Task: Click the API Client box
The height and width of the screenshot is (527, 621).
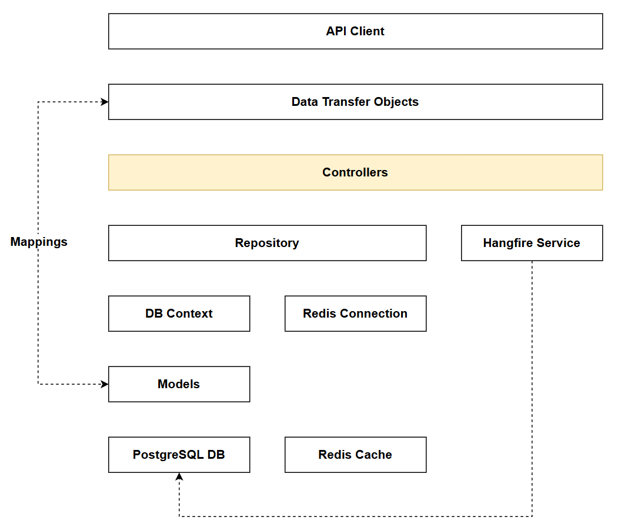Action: point(355,31)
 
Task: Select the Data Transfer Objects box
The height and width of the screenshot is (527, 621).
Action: point(355,102)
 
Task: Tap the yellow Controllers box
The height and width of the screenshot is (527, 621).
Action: point(355,172)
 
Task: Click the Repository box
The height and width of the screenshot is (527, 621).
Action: point(267,243)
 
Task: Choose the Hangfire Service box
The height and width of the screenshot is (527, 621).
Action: point(532,243)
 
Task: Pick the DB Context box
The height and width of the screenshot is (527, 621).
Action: point(179,313)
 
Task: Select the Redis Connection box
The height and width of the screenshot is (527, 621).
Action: point(355,313)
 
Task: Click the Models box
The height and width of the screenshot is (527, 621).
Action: point(179,384)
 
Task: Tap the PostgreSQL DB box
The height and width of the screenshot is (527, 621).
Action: point(179,455)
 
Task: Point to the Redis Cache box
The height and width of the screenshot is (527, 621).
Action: point(355,455)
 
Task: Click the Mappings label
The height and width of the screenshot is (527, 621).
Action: point(39,242)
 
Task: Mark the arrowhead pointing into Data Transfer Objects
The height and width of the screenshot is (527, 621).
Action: point(105,102)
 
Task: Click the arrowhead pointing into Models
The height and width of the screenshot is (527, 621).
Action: point(105,384)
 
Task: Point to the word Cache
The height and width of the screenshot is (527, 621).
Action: point(374,455)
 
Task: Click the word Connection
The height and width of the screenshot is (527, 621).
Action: point(376,313)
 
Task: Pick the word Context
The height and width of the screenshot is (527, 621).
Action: point(191,313)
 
